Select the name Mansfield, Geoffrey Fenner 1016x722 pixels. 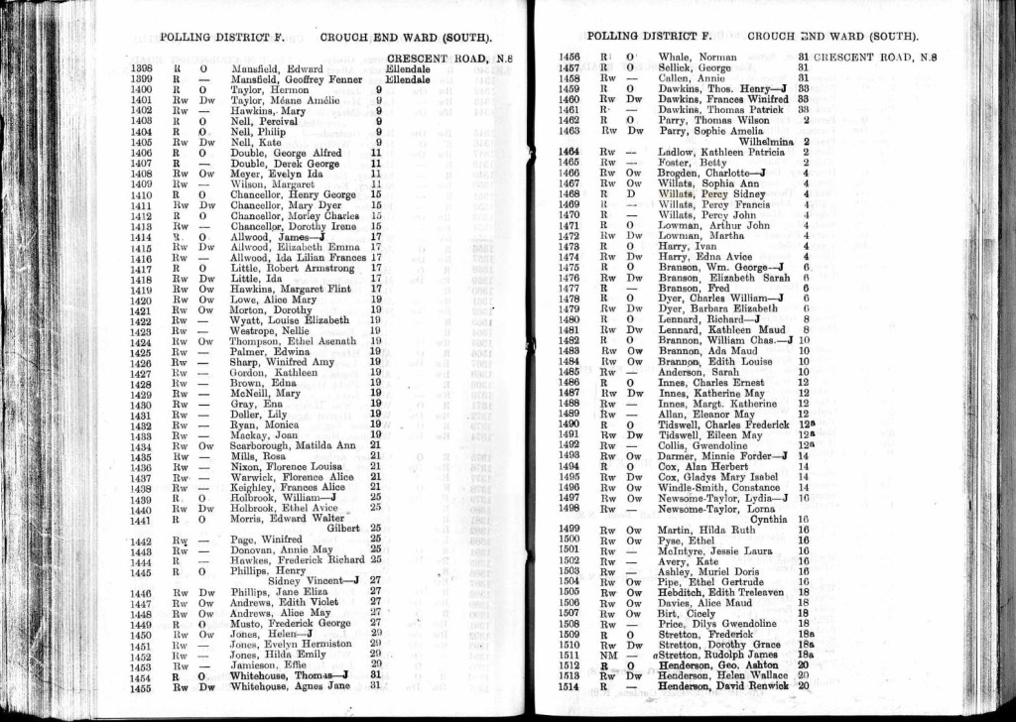coord(287,79)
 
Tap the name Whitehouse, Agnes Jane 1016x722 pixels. coord(283,686)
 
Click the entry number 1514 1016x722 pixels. coord(570,685)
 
